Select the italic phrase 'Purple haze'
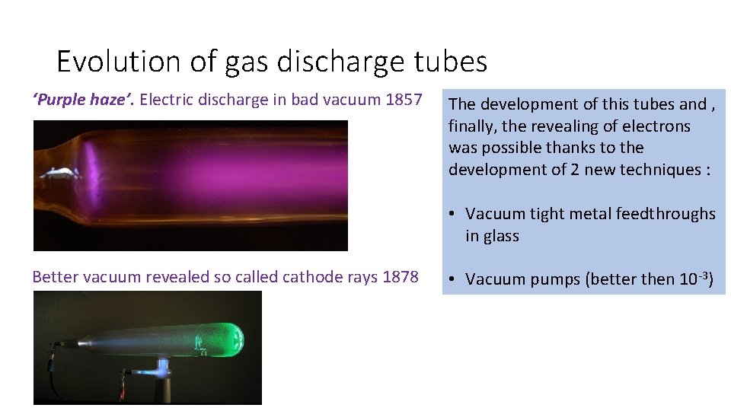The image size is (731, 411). point(72,99)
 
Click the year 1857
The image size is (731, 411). point(403,99)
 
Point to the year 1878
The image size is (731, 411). point(400,277)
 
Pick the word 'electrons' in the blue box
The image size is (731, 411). point(654,126)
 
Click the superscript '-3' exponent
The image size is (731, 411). point(701,275)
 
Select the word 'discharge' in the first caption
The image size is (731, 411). point(231,99)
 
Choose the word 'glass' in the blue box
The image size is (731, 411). point(502,236)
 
